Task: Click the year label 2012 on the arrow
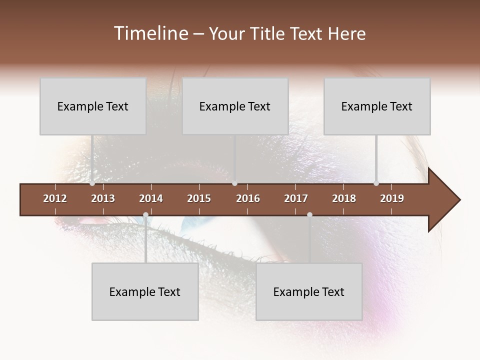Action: tap(55, 198)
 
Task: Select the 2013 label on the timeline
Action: tap(103, 198)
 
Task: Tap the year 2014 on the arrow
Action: tap(151, 198)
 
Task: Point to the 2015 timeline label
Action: tap(199, 198)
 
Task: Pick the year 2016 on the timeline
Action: tap(248, 198)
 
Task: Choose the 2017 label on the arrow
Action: tap(296, 198)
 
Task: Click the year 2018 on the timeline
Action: tap(344, 198)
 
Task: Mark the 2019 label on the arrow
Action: tap(392, 198)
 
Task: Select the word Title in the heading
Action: tap(268, 33)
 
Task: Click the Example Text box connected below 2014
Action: tap(145, 291)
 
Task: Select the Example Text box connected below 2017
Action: tap(309, 291)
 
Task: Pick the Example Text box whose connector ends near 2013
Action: tap(93, 106)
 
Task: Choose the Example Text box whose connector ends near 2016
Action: tap(235, 106)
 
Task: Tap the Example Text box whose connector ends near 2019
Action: tap(377, 106)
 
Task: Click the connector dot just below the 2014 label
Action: tap(145, 215)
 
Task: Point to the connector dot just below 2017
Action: tap(309, 215)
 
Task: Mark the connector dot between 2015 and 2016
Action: tap(234, 183)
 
